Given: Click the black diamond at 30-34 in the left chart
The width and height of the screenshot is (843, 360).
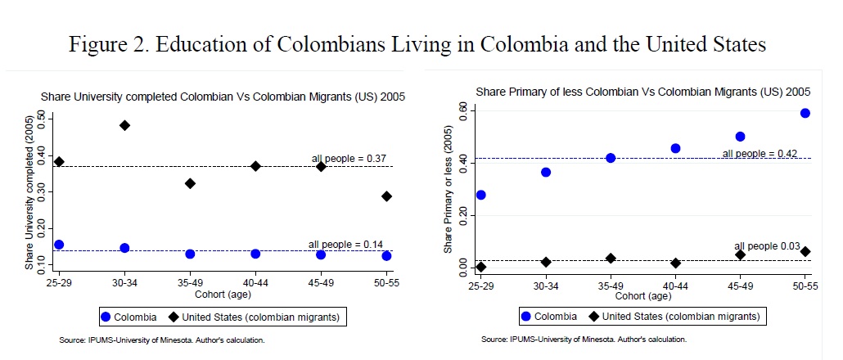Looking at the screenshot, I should [124, 125].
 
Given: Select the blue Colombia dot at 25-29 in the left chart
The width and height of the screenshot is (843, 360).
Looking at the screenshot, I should [59, 245].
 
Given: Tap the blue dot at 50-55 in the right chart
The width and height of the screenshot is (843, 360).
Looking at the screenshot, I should [805, 113].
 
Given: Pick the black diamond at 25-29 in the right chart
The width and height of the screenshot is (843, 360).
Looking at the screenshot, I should [480, 267].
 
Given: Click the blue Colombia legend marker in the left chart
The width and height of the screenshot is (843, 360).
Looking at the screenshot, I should [105, 316].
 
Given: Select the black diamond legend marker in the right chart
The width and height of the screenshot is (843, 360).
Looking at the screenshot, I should [590, 316].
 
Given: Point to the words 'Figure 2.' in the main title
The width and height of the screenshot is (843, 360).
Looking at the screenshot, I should [112, 44].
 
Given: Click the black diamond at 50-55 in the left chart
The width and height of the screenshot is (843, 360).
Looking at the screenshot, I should [387, 196].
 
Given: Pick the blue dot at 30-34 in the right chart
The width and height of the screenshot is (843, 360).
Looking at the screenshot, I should [546, 172].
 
